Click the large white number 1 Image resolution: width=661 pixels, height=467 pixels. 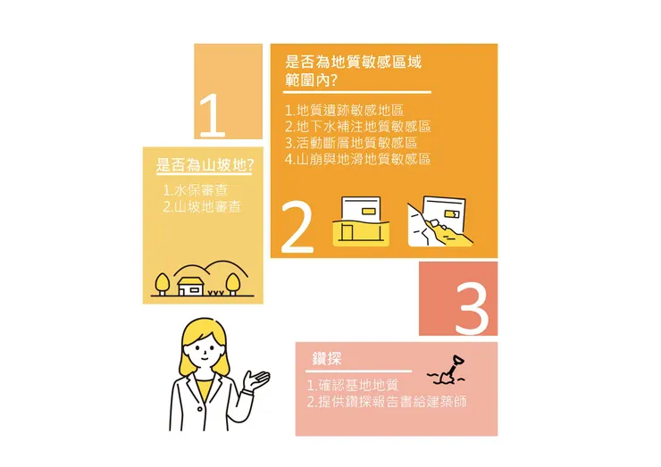(212, 116)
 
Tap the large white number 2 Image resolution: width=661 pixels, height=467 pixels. (297, 227)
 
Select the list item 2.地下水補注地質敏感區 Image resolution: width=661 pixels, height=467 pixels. (357, 127)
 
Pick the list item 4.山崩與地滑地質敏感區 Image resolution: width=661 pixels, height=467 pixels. (357, 159)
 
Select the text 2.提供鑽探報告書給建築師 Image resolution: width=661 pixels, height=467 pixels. (386, 402)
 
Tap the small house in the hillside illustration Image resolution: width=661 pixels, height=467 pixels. (190, 285)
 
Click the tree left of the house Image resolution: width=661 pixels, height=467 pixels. (162, 282)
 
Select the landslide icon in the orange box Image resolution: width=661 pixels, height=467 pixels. (439, 221)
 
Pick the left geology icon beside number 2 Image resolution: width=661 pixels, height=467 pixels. (363, 221)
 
